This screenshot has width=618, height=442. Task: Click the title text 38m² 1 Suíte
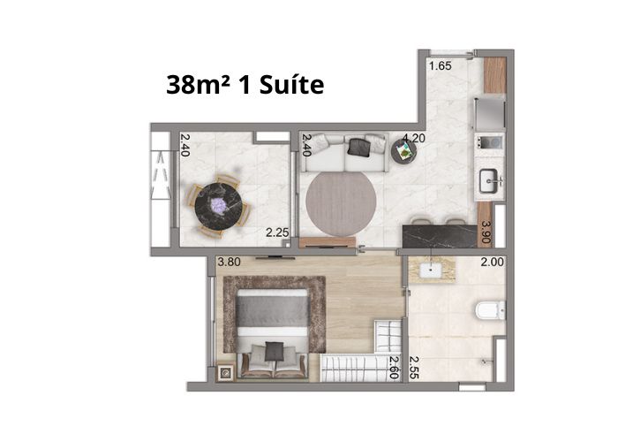pyautogui.click(x=245, y=85)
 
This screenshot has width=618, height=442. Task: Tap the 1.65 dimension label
pyautogui.click(x=441, y=65)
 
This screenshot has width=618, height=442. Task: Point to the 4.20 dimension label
pyautogui.click(x=414, y=138)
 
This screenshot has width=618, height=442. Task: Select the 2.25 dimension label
pyautogui.click(x=277, y=232)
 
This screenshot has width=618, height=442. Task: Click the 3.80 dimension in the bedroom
pyautogui.click(x=229, y=262)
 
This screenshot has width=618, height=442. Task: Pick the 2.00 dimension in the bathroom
pyautogui.click(x=492, y=262)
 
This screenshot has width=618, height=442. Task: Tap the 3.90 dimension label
pyautogui.click(x=486, y=232)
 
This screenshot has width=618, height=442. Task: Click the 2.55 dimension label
pyautogui.click(x=413, y=368)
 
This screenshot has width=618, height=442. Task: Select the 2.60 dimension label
pyautogui.click(x=394, y=368)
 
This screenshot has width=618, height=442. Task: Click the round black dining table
pyautogui.click(x=218, y=206)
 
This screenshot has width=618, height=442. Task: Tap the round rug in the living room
pyautogui.click(x=341, y=202)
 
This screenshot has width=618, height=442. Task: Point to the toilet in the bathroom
pyautogui.click(x=490, y=309)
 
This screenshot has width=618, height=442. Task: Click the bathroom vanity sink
pyautogui.click(x=430, y=271)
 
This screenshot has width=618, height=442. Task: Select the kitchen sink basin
pyautogui.click(x=489, y=180)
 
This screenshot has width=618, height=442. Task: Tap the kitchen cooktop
pyautogui.click(x=489, y=141)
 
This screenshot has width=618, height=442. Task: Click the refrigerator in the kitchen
pyautogui.click(x=490, y=113)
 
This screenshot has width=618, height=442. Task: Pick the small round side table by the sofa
pyautogui.click(x=404, y=151)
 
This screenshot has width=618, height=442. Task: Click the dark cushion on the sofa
pyautogui.click(x=358, y=147)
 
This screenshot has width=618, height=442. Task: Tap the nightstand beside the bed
pyautogui.click(x=226, y=372)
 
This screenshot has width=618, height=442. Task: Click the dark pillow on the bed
pyautogui.click(x=275, y=351)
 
